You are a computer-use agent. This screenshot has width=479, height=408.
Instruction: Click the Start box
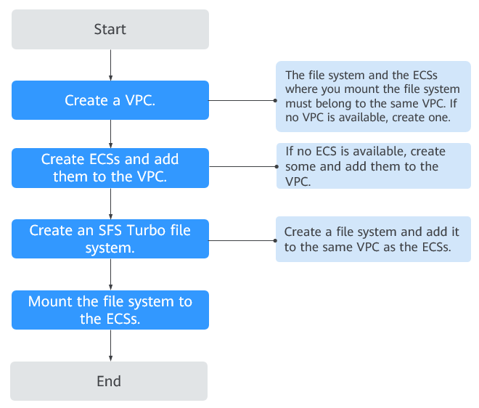(110, 29)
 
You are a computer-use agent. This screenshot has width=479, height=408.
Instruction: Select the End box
(109, 381)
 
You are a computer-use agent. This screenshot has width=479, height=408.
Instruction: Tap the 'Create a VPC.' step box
(110, 100)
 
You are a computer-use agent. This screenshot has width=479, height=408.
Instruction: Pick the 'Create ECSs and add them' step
(110, 168)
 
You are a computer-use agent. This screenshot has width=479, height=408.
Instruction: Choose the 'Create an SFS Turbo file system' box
(110, 239)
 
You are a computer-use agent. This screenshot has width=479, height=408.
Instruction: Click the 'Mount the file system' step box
(110, 310)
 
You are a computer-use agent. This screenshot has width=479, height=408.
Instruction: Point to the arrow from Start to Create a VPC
(110, 65)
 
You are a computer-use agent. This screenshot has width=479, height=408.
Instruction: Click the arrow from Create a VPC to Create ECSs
(110, 134)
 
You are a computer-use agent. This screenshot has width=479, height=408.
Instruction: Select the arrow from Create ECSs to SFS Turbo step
(110, 203)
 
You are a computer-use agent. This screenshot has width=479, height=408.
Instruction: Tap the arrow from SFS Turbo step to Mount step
(110, 274)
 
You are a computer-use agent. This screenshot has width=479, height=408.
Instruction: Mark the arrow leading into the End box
(110, 346)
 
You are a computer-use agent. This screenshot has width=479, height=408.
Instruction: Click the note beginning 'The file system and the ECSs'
(373, 97)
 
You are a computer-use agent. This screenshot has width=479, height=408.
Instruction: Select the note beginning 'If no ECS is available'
(374, 166)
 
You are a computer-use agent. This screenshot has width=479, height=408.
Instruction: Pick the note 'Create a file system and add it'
(373, 240)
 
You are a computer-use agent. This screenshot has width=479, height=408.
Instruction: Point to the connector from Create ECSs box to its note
(243, 166)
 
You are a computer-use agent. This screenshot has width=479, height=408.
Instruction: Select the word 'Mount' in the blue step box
(50, 301)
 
